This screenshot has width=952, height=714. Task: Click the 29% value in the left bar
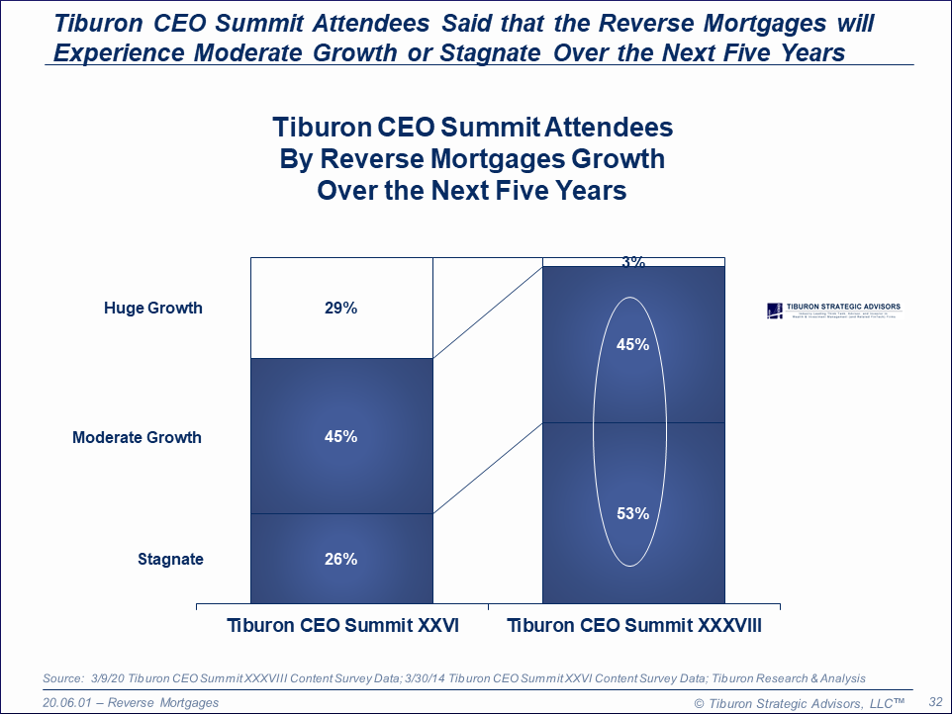click(339, 309)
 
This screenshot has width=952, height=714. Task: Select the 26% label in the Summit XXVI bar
click(339, 560)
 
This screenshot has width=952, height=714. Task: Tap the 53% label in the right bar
click(633, 514)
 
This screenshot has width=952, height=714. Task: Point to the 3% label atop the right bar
click(633, 262)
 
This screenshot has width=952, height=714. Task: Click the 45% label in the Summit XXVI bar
click(339, 437)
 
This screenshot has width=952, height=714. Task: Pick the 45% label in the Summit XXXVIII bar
click(633, 345)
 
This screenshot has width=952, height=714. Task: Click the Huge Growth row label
click(152, 309)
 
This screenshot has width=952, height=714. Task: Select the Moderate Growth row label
click(137, 437)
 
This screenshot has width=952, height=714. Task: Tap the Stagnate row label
click(170, 560)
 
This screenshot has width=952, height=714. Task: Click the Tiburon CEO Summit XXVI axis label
click(342, 626)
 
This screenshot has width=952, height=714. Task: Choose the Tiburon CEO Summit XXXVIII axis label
click(633, 626)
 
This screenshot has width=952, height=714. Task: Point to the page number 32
click(934, 700)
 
